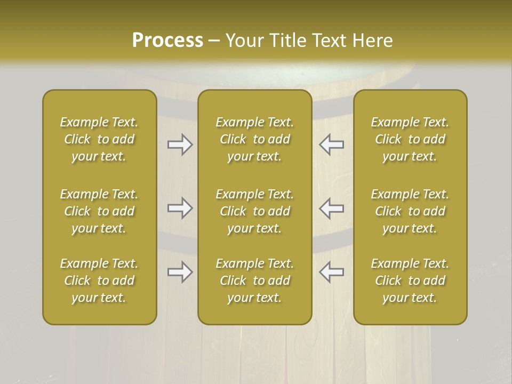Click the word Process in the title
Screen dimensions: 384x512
coord(167,41)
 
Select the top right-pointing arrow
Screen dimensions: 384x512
coord(180,145)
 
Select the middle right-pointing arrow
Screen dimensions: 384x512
coord(180,208)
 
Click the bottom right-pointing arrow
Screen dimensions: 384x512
coord(180,272)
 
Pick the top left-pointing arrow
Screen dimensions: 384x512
coord(331,145)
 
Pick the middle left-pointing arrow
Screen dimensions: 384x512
coord(331,208)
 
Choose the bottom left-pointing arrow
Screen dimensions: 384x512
coord(331,272)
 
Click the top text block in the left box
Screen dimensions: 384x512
coord(99,139)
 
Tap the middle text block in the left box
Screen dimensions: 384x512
coord(99,211)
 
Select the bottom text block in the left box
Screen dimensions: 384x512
coord(99,281)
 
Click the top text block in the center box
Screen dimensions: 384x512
coord(255,139)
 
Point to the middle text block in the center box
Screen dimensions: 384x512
coord(255,211)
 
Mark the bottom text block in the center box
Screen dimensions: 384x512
coord(255,281)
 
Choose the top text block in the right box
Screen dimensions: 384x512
coord(410,139)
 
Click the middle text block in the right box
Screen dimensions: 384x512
coord(410,211)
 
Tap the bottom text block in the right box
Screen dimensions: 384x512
coord(410,281)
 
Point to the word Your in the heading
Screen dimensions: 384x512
coord(244,41)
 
